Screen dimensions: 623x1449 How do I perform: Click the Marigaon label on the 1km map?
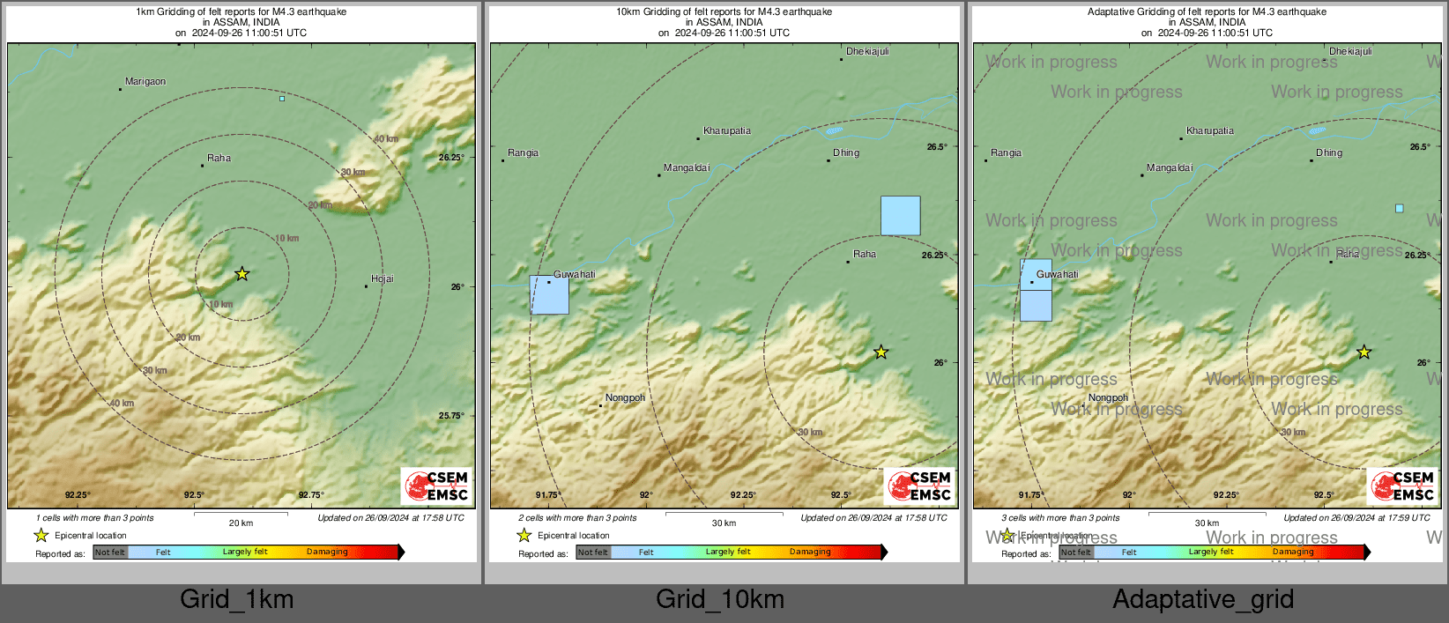pyautogui.click(x=145, y=82)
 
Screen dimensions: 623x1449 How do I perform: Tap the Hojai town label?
pyautogui.click(x=382, y=279)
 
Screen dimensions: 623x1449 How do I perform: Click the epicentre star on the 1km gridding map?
pyautogui.click(x=242, y=274)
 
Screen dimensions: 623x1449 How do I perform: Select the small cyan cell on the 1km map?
pyautogui.click(x=282, y=99)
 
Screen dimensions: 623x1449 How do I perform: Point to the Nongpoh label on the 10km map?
pyautogui.click(x=625, y=398)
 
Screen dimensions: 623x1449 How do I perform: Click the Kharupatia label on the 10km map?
pyautogui.click(x=727, y=131)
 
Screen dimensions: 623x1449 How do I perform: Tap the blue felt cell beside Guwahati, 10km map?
pyautogui.click(x=549, y=295)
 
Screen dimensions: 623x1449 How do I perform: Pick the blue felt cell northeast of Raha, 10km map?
pyautogui.click(x=900, y=216)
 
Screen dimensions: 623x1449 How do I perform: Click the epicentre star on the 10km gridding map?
pyautogui.click(x=881, y=352)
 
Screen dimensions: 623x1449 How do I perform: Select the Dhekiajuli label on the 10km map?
pyautogui.click(x=867, y=52)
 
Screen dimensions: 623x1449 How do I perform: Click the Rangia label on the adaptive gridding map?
pyautogui.click(x=1006, y=153)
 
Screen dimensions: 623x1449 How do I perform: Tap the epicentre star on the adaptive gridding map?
pyautogui.click(x=1364, y=352)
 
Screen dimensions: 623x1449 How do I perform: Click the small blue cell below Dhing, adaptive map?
pyautogui.click(x=1399, y=209)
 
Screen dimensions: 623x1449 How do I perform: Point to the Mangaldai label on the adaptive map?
pyautogui.click(x=1170, y=168)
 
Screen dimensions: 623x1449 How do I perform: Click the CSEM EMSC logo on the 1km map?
pyautogui.click(x=437, y=486)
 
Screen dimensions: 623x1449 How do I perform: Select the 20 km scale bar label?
pyautogui.click(x=241, y=523)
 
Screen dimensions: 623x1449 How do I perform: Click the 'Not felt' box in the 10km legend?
pyautogui.click(x=593, y=553)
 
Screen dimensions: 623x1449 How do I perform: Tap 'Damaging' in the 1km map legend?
pyautogui.click(x=327, y=553)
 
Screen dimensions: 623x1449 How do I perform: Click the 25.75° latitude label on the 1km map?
pyautogui.click(x=450, y=416)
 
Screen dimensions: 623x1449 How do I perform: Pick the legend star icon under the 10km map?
pyautogui.click(x=524, y=536)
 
